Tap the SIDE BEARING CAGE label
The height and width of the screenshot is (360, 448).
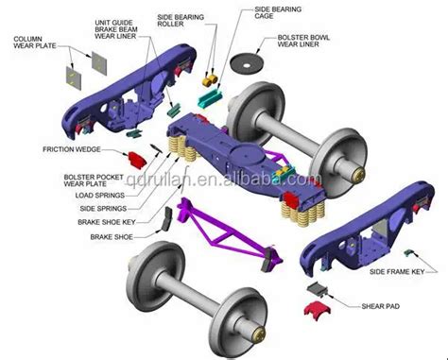[x=278, y=12]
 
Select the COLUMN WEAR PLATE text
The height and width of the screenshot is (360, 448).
[x=35, y=43]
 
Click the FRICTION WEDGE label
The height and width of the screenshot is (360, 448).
[x=72, y=149]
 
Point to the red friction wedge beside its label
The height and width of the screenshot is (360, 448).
[x=137, y=160]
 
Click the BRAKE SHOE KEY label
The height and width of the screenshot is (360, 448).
[x=107, y=222]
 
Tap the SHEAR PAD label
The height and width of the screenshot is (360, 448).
[x=381, y=306]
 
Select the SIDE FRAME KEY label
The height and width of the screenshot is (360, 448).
[x=397, y=271]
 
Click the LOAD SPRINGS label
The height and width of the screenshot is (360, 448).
[x=100, y=196]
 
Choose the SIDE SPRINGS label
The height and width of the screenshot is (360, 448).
[x=103, y=209]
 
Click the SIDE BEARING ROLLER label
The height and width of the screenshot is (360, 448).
[x=181, y=20]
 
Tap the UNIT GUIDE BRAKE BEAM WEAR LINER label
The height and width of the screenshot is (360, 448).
[x=116, y=29]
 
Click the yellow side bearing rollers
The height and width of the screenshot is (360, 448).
[x=210, y=80]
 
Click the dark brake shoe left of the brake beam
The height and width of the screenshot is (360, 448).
[x=166, y=219]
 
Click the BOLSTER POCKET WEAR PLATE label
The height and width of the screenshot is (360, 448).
[x=94, y=180]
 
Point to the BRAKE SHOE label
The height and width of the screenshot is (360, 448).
[x=112, y=237]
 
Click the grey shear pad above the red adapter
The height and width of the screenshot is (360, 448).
[x=318, y=289]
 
